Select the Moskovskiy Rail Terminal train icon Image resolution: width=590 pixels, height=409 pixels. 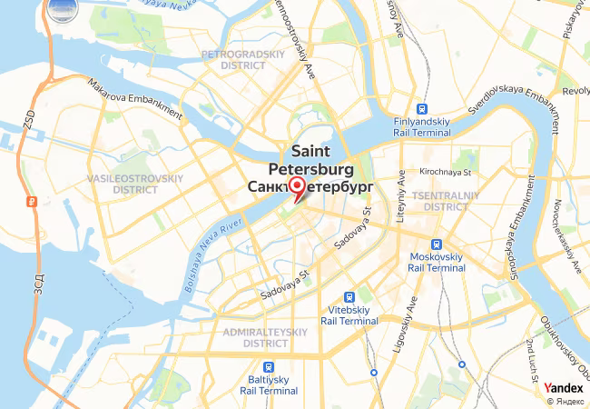[438, 244]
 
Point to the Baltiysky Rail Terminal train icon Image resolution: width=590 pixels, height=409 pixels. [268, 367]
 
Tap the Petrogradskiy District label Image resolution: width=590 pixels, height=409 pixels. [232, 60]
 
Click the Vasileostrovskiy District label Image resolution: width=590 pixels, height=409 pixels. [136, 184]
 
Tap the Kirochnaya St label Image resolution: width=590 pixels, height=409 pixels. [445, 172]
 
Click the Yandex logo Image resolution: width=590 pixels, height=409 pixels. [564, 388]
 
